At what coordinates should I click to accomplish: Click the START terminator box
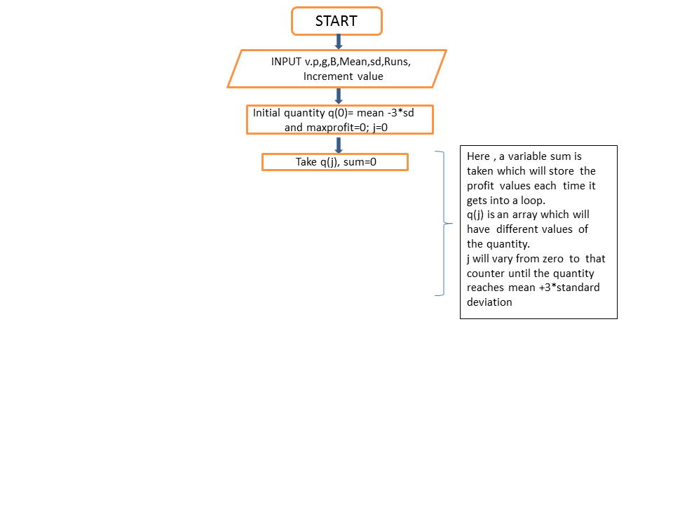[336, 21]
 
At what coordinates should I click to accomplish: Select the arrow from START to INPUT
[338, 42]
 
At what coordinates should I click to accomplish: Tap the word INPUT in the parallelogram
[286, 62]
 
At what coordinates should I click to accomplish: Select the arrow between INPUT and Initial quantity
[338, 96]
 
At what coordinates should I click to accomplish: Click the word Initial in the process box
[266, 113]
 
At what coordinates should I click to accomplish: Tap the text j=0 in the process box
[380, 128]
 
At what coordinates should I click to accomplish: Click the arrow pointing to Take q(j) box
[338, 145]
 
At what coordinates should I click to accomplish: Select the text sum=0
[360, 162]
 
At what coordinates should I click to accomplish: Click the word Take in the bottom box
[306, 162]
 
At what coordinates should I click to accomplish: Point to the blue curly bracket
[443, 223]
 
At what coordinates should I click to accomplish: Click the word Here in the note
[478, 156]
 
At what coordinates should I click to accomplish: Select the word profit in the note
[480, 186]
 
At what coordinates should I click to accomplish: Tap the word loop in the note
[532, 201]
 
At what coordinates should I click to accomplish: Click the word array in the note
[525, 215]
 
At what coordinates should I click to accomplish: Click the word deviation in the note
[489, 302]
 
